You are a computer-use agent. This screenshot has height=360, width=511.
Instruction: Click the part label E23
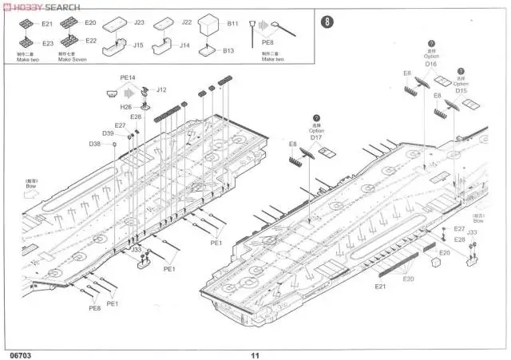click(x=47, y=43)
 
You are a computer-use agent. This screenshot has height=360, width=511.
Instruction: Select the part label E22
click(x=90, y=40)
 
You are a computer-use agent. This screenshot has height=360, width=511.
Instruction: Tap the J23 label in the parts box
click(x=139, y=22)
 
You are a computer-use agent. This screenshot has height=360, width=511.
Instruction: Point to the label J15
click(x=139, y=45)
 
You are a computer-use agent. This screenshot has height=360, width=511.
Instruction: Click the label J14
click(x=185, y=45)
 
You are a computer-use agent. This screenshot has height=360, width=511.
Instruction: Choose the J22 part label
click(x=187, y=22)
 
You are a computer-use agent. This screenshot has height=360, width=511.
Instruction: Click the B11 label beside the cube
click(x=232, y=24)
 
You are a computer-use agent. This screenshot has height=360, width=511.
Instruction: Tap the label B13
click(x=229, y=50)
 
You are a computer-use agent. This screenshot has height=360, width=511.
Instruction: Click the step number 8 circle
click(x=326, y=22)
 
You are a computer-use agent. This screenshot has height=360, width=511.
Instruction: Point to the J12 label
click(x=161, y=89)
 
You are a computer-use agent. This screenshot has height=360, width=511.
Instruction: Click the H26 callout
click(x=126, y=107)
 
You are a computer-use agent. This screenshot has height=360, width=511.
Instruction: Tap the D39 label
click(x=108, y=133)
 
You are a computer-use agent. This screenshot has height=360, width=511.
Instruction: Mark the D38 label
click(x=95, y=144)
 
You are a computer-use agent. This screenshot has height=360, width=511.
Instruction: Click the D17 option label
click(x=316, y=138)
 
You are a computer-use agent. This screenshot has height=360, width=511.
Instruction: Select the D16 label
click(x=431, y=64)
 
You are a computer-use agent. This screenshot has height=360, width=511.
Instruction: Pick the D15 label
click(x=461, y=90)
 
